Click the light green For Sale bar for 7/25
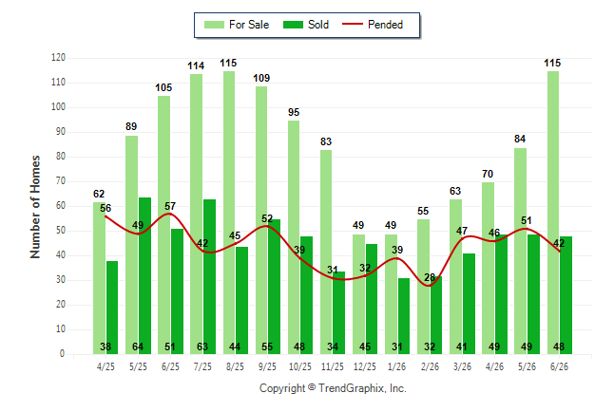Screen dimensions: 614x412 tap(196, 214)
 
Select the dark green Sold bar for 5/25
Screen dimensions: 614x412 tap(144, 276)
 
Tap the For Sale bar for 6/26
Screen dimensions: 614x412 tap(553, 213)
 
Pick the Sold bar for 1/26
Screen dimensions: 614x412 tap(404, 316)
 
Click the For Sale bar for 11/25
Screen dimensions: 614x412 tap(326, 252)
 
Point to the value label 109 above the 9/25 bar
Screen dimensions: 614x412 tap(261, 78)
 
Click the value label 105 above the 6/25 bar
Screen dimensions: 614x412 tap(163, 87)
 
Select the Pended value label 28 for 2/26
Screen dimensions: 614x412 tap(430, 277)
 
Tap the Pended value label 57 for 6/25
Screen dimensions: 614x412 tap(170, 206)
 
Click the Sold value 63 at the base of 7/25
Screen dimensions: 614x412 tap(202, 346)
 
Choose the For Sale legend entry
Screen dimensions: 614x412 tap(237, 25)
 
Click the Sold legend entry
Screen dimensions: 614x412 tap(306, 25)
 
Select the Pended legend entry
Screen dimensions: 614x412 tap(373, 25)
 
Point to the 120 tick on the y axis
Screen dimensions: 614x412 tap(58, 58)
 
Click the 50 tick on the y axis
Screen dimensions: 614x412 tap(61, 231)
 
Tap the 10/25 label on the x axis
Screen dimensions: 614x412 tap(300, 366)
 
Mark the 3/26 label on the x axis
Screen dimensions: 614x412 tap(462, 366)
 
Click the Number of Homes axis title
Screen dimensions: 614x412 tap(35, 207)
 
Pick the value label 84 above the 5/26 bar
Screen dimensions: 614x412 tap(520, 139)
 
